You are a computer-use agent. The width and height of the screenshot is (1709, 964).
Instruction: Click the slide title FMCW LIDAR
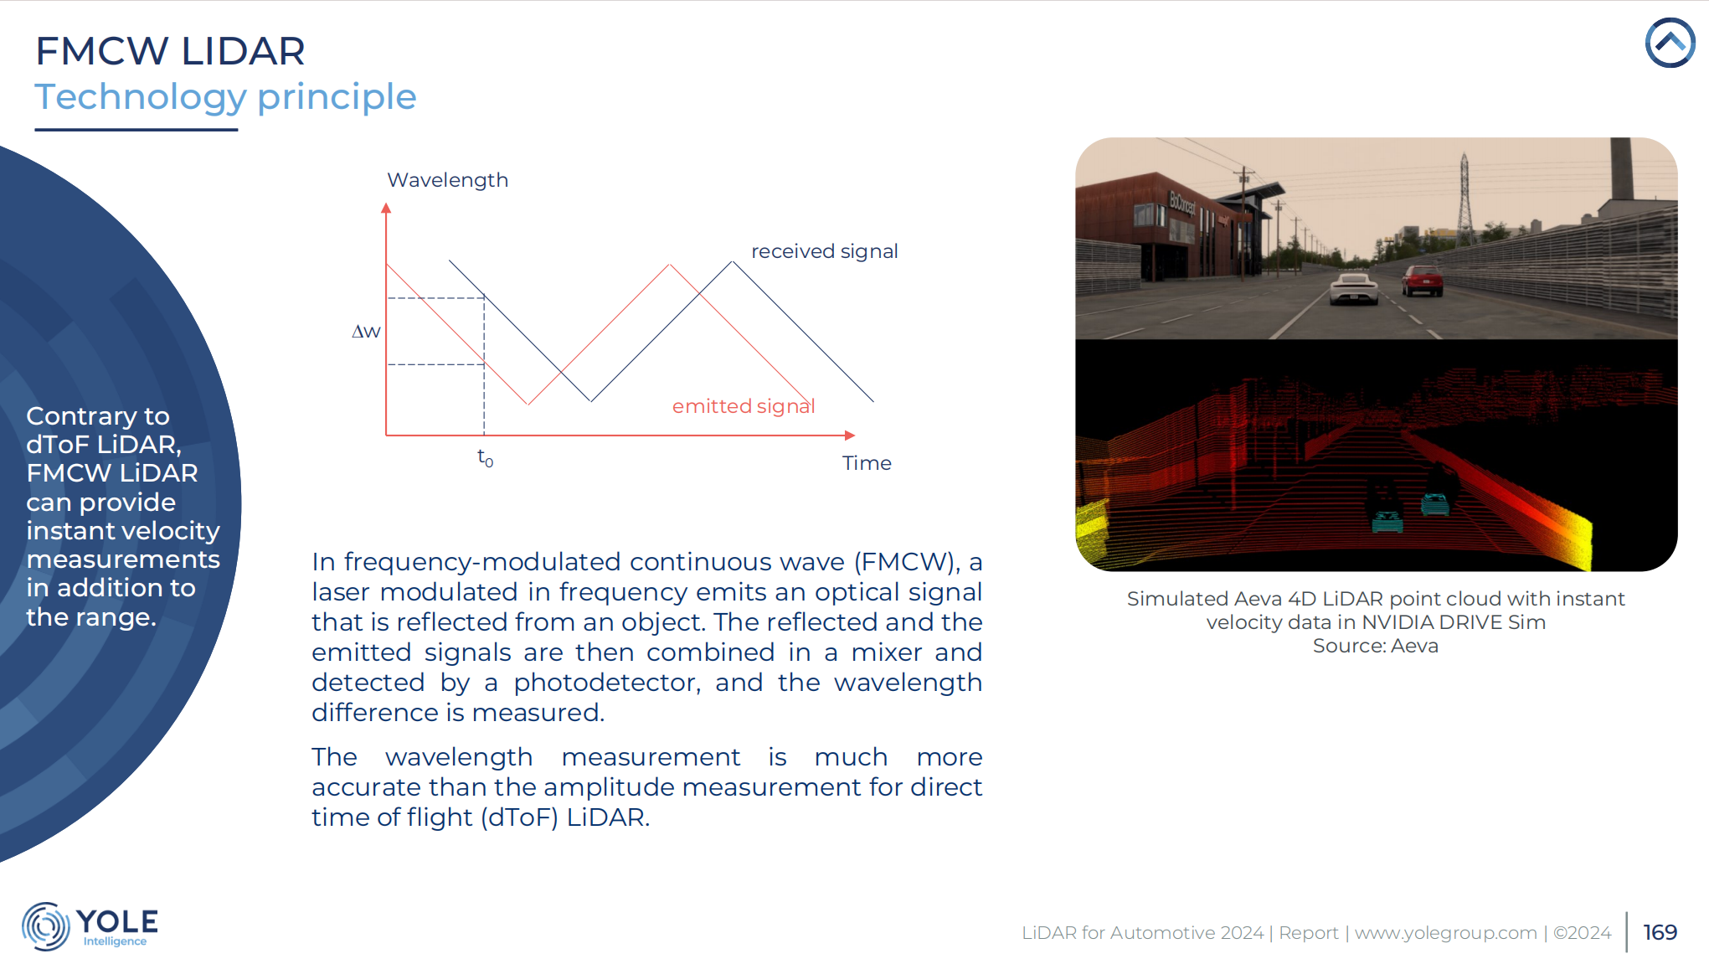tap(170, 51)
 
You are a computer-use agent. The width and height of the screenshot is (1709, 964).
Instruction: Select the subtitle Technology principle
tap(225, 97)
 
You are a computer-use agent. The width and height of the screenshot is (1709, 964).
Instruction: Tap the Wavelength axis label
tap(447, 180)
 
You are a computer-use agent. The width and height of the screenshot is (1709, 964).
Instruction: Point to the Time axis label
tap(867, 463)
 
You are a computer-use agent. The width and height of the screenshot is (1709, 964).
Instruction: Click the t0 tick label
tap(486, 457)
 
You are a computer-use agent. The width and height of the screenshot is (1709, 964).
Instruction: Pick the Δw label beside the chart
tap(366, 332)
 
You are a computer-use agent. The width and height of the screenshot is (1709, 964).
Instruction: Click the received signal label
tap(824, 251)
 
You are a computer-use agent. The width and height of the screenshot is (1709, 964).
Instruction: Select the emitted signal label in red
tap(744, 406)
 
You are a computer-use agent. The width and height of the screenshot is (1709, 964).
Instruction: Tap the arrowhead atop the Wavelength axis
tap(386, 208)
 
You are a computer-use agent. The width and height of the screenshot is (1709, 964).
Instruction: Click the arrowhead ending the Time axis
tap(850, 436)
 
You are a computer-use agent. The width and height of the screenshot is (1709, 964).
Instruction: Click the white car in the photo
tap(1353, 288)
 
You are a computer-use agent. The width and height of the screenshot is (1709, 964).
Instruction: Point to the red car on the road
tap(1423, 281)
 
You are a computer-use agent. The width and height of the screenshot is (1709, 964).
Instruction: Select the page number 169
tap(1660, 932)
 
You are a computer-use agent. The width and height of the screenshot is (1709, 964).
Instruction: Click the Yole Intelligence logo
tap(90, 926)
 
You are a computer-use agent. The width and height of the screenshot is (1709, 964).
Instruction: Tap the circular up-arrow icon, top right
tap(1670, 43)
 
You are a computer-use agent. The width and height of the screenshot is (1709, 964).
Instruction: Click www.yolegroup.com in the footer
tap(1445, 933)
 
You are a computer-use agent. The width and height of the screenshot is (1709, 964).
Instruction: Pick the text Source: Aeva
tap(1375, 646)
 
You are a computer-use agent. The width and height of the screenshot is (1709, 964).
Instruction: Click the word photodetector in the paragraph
tap(606, 683)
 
